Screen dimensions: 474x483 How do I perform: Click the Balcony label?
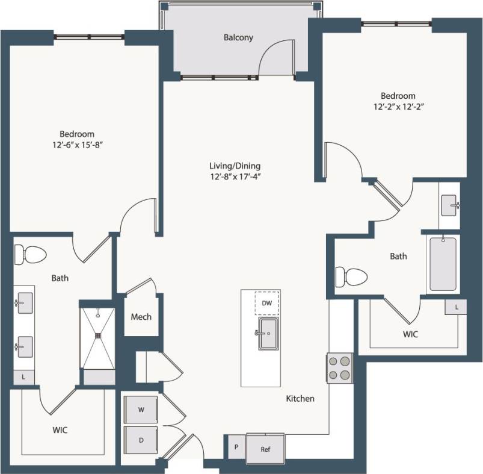click(238, 37)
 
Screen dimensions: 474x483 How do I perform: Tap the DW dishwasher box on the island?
click(266, 304)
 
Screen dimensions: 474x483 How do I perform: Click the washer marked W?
click(141, 410)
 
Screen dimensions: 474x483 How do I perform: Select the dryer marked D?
click(141, 440)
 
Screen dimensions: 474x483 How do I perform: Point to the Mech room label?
click(141, 317)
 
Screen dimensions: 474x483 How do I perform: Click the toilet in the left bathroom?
click(30, 254)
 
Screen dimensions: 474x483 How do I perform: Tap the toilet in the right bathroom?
click(351, 277)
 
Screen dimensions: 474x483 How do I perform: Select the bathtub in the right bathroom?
click(443, 264)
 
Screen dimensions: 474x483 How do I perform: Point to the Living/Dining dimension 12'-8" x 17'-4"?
click(235, 176)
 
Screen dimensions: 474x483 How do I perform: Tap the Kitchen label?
click(300, 399)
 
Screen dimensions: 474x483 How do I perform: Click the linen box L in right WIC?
click(457, 307)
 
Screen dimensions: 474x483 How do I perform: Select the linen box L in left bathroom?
click(23, 377)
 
